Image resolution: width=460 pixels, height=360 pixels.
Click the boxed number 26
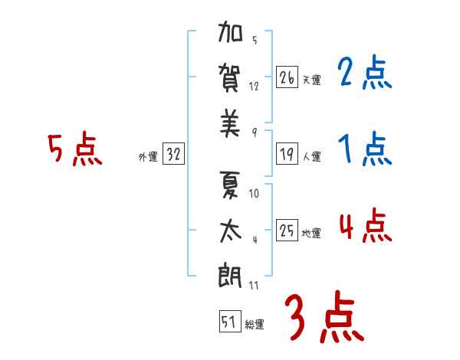coord(287,77)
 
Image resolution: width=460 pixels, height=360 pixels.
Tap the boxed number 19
coord(287,154)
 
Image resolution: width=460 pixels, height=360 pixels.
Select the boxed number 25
coord(287,231)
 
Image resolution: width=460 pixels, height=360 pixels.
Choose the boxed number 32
coord(173,155)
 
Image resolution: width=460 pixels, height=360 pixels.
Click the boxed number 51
coord(228,322)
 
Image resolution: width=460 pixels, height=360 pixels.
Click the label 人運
coord(311,156)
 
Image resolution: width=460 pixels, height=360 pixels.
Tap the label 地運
coord(311,233)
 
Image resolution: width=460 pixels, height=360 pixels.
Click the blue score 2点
coord(364,74)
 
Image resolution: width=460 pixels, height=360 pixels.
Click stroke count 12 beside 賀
coord(254,86)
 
